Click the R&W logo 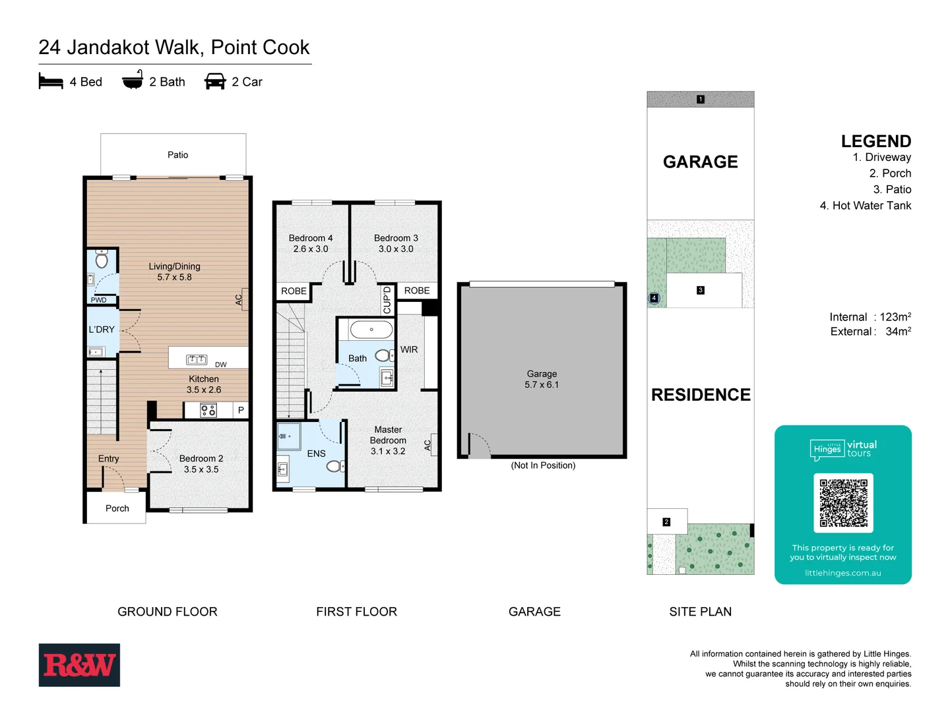(79, 665)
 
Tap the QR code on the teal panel (843, 503)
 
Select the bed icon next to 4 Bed (51, 82)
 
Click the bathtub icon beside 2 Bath (133, 80)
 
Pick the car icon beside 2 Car (215, 82)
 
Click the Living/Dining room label (174, 272)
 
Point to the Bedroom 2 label (201, 463)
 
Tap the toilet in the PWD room (102, 259)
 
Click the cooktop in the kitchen (208, 411)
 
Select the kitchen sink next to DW (197, 359)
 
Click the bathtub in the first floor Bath (371, 330)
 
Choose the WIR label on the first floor (409, 349)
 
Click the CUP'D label (387, 300)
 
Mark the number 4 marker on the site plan (654, 298)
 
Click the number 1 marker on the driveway (701, 100)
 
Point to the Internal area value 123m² (895, 317)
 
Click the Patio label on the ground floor (177, 155)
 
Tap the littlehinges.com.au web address (842, 573)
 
